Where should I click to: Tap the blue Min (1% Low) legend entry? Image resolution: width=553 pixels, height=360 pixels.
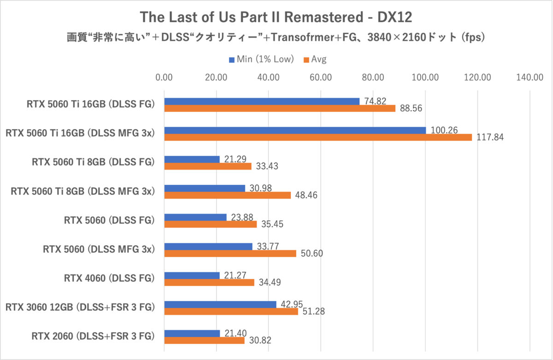click(x=261, y=59)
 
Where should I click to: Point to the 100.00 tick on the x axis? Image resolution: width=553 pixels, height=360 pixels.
click(x=425, y=77)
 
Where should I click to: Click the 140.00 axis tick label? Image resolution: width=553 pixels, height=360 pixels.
click(x=530, y=77)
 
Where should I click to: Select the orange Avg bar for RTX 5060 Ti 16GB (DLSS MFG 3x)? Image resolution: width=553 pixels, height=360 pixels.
click(x=318, y=137)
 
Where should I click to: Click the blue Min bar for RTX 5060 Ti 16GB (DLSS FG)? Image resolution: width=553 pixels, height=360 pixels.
click(x=262, y=101)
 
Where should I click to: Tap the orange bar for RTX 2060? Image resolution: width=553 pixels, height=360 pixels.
click(x=204, y=341)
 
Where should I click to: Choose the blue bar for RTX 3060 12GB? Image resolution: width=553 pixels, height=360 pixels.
click(x=220, y=305)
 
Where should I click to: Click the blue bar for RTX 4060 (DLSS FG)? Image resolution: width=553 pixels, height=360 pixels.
click(x=192, y=276)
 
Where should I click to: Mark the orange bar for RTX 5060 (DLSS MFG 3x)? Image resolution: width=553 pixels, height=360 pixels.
click(x=230, y=254)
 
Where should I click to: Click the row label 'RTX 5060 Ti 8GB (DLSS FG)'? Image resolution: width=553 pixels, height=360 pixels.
click(x=93, y=162)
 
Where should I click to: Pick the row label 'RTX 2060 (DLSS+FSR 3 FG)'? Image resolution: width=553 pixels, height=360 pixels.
click(x=92, y=336)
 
